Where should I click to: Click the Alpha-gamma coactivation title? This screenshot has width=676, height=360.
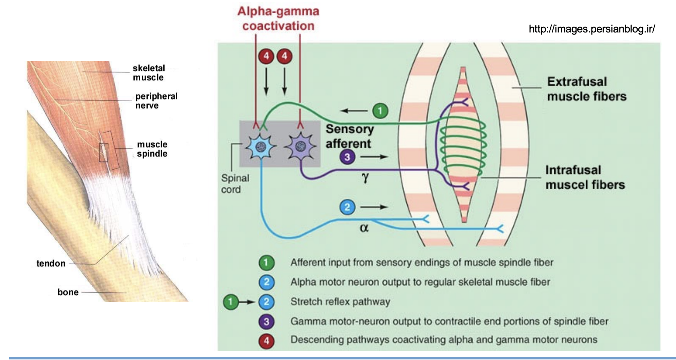tap(278, 19)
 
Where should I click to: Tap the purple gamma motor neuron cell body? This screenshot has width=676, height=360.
tap(300, 147)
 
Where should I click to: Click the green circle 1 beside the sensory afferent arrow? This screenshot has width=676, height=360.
tap(380, 111)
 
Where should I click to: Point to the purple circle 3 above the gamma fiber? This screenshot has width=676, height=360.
tap(347, 157)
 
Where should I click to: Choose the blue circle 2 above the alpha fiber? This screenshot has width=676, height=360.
tap(347, 207)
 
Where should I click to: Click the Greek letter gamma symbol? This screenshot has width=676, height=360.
tap(365, 178)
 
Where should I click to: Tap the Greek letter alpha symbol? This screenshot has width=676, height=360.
tap(364, 228)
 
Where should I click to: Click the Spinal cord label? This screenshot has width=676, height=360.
tap(235, 184)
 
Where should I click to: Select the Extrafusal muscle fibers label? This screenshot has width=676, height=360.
tap(586, 89)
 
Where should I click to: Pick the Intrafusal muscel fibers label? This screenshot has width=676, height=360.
tap(585, 177)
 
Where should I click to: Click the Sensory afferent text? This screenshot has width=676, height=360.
tap(349, 136)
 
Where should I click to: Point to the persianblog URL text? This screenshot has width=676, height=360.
tap(592, 29)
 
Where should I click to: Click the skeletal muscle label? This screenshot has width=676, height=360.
tap(149, 73)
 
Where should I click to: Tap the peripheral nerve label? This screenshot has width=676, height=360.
tap(156, 101)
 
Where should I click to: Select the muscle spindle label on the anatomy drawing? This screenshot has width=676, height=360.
tap(152, 149)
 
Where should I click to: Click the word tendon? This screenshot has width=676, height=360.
tap(51, 263)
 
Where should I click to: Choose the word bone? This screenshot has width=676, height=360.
tap(68, 292)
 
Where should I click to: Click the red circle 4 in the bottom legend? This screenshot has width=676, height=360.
tap(266, 341)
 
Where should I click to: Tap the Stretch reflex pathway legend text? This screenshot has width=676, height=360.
tap(340, 302)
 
